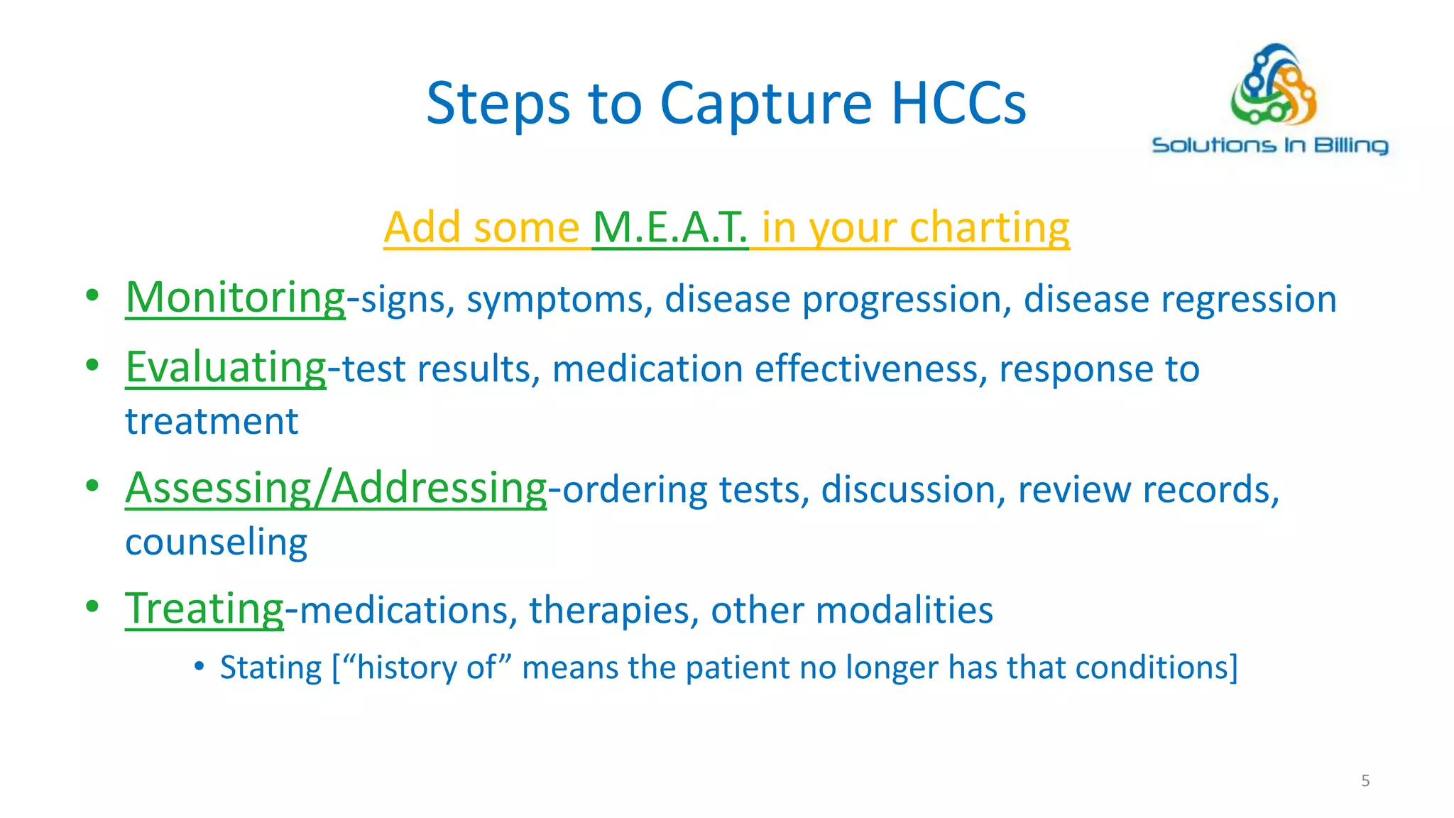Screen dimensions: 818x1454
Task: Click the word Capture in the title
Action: pyautogui.click(x=765, y=104)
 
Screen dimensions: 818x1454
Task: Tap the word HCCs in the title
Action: pyautogui.click(x=958, y=104)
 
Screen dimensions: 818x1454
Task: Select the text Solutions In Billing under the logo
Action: pyautogui.click(x=1269, y=146)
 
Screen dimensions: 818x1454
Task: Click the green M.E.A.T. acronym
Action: pyautogui.click(x=669, y=228)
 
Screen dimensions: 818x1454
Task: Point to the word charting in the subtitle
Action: pyautogui.click(x=989, y=228)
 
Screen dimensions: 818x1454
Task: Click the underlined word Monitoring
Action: pyautogui.click(x=235, y=298)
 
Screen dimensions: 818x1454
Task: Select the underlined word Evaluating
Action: pyautogui.click(x=226, y=368)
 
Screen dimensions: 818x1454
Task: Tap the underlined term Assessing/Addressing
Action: pyautogui.click(x=336, y=489)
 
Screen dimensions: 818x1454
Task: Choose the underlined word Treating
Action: pyautogui.click(x=204, y=609)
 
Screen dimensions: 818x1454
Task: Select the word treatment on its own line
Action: pyautogui.click(x=212, y=422)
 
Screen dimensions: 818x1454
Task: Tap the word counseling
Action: pyautogui.click(x=216, y=542)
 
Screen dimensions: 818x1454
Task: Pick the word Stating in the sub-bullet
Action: pyautogui.click(x=270, y=668)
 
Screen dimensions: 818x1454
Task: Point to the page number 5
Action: pyautogui.click(x=1365, y=781)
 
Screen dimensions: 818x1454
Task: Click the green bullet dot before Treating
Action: pyautogui.click(x=92, y=607)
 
